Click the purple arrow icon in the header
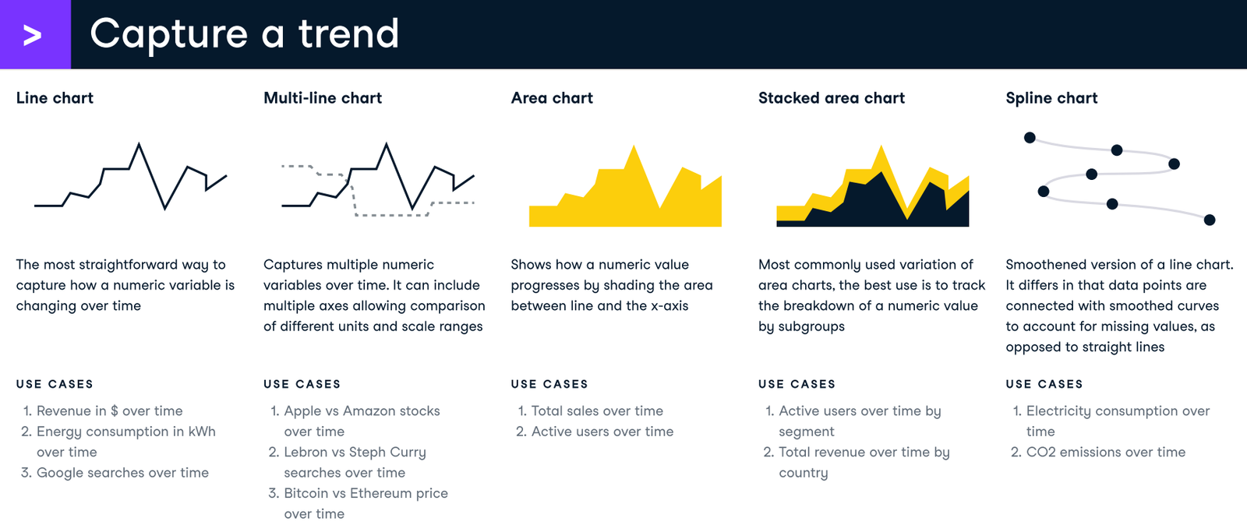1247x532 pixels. pyautogui.click(x=33, y=35)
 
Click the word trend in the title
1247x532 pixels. pyautogui.click(x=348, y=34)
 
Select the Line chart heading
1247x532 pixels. pyautogui.click(x=55, y=98)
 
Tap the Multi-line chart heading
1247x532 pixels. pyautogui.click(x=323, y=98)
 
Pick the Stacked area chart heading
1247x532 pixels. pyautogui.click(x=831, y=98)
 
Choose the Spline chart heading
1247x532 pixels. pyautogui.click(x=1051, y=98)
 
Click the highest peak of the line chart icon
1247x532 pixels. pyautogui.click(x=139, y=144)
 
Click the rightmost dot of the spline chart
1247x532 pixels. pyautogui.click(x=1210, y=220)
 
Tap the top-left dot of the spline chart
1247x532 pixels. pyautogui.click(x=1030, y=138)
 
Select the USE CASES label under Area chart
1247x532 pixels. pyautogui.click(x=549, y=384)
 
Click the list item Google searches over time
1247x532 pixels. pyautogui.click(x=122, y=473)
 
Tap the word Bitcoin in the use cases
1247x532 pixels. pyautogui.click(x=306, y=493)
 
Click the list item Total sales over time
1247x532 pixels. pyautogui.click(x=597, y=410)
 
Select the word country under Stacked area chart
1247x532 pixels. pyautogui.click(x=803, y=473)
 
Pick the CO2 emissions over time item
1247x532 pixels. pyautogui.click(x=1105, y=452)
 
